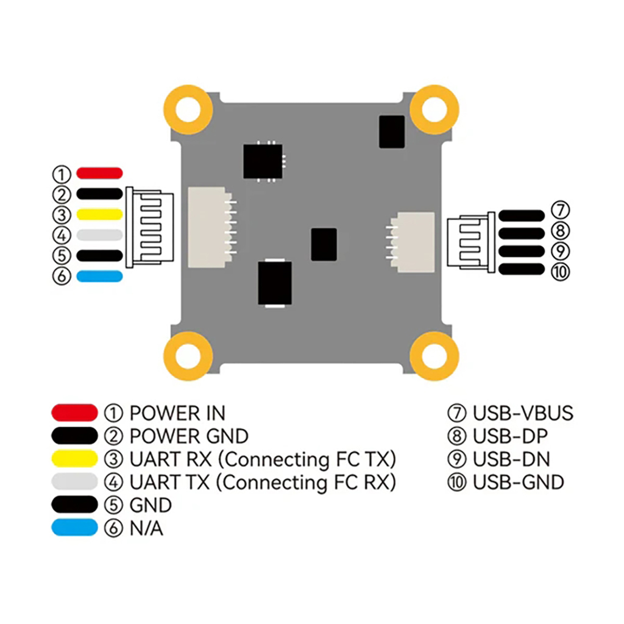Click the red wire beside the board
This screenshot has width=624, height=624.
click(99, 174)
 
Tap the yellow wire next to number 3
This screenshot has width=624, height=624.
click(99, 214)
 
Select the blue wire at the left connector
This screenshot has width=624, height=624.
click(99, 276)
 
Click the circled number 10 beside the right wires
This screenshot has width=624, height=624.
click(559, 272)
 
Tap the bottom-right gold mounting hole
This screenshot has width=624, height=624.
click(434, 356)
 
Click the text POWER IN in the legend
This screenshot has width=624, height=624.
click(177, 413)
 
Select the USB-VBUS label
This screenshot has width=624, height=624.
click(523, 413)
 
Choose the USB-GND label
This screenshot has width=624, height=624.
click(518, 483)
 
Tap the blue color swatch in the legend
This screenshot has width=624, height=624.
click(74, 528)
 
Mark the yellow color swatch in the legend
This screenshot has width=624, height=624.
click(74, 458)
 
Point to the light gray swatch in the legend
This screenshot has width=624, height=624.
click(74, 481)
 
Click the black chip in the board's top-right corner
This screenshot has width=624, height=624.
click(391, 132)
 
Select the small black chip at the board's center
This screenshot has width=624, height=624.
click(324, 244)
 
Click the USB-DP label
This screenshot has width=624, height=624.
click(509, 436)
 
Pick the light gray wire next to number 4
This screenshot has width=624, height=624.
click(99, 235)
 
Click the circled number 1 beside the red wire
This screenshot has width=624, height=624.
click(62, 174)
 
